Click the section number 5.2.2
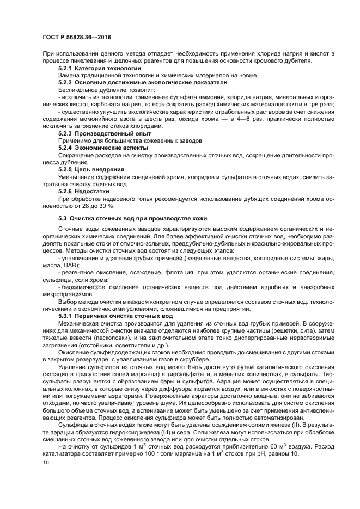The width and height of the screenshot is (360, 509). pos(65,82)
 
